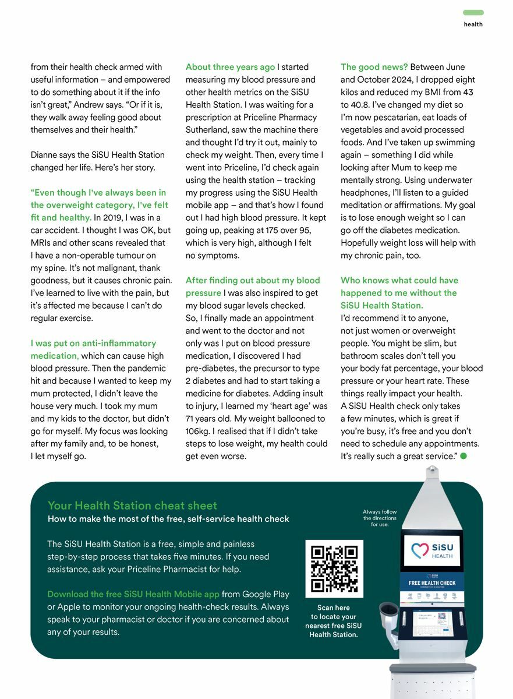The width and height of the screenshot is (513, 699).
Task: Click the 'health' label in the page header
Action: [x=473, y=24]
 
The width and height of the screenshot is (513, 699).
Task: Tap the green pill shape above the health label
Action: [x=473, y=12]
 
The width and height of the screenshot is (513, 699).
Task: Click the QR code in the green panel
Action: [x=334, y=569]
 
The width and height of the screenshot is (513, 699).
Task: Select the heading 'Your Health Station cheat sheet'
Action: [x=132, y=506]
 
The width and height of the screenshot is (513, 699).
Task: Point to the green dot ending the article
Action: [x=464, y=456]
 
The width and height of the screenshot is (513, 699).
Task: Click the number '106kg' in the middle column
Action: [x=198, y=431]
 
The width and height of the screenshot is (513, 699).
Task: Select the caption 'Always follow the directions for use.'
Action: [x=380, y=518]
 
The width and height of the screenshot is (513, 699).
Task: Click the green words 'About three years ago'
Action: [x=230, y=67]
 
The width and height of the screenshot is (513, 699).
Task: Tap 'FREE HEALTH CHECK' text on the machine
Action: [x=432, y=582]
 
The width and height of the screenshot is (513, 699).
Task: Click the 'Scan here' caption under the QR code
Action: [x=334, y=608]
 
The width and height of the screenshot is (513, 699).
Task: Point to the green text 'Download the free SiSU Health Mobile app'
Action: [x=133, y=594]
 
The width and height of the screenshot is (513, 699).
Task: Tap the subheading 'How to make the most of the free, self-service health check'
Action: [x=168, y=519]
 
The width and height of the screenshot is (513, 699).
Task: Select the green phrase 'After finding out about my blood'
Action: [x=253, y=280]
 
